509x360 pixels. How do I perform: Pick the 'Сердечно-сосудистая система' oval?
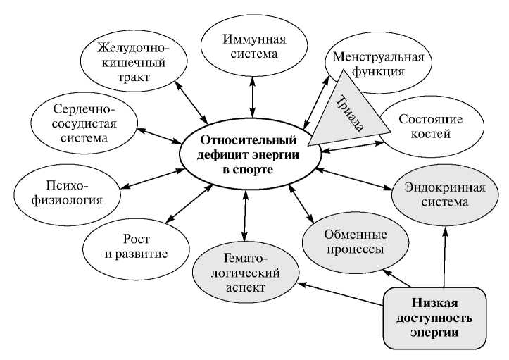[84, 122]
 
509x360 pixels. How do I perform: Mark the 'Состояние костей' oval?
[429, 126]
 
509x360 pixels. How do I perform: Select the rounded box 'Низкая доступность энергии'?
[434, 317]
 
